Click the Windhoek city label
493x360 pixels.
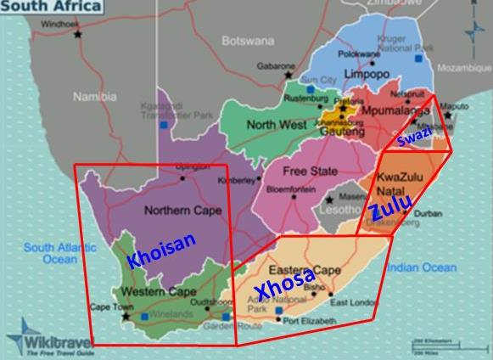(59, 24)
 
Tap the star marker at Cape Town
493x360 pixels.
(126, 317)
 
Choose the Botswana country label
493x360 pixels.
(248, 40)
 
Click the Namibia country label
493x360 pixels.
(94, 97)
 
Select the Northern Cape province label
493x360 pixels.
(177, 210)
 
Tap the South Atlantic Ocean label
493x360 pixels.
(50, 253)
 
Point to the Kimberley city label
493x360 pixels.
(236, 180)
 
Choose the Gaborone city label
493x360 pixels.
(276, 65)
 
